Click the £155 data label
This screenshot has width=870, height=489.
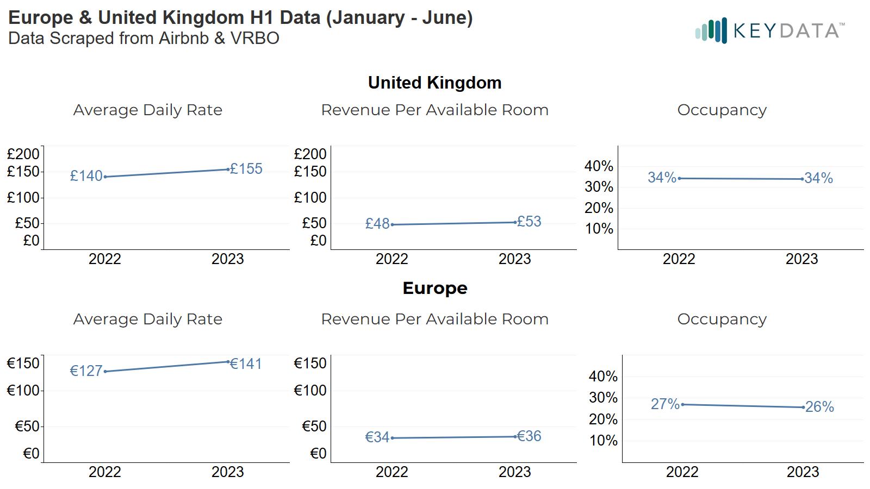[246, 169]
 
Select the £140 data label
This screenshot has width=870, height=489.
[86, 176]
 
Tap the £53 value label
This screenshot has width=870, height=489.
[529, 222]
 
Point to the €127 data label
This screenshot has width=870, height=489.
[86, 371]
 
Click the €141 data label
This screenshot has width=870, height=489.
[246, 364]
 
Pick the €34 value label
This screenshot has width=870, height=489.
[377, 437]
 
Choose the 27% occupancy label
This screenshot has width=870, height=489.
[665, 404]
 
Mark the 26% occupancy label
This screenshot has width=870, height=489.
[819, 407]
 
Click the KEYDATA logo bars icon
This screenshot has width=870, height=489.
[711, 30]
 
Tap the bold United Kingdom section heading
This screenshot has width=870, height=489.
[434, 83]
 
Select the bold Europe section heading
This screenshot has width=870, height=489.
[434, 288]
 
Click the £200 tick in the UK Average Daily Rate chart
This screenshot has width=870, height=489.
[23, 154]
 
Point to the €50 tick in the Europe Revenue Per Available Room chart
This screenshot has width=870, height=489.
[314, 427]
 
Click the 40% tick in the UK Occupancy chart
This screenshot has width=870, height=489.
[599, 166]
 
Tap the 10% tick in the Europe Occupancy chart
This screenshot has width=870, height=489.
[603, 441]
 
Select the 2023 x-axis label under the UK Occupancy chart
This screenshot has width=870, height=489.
[801, 259]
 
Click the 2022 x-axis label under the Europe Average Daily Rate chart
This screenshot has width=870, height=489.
[104, 472]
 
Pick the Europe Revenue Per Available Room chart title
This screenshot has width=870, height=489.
[434, 319]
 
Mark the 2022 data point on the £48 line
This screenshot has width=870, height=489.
[392, 224]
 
